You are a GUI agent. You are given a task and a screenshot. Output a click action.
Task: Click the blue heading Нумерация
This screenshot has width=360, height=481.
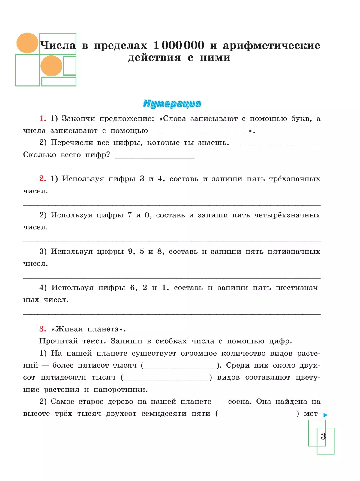pyautogui.click(x=172, y=103)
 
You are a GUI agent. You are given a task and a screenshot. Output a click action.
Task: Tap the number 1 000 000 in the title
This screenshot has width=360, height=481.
pyautogui.click(x=179, y=45)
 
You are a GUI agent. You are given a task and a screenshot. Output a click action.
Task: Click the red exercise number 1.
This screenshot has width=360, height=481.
pyautogui.click(x=43, y=118)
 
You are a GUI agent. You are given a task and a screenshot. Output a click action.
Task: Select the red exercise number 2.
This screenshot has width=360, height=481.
pyautogui.click(x=43, y=179)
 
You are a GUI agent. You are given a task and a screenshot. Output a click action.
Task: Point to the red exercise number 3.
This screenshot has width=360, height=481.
pyautogui.click(x=43, y=329)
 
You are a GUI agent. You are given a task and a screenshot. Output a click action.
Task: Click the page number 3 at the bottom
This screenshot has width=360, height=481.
pyautogui.click(x=323, y=436)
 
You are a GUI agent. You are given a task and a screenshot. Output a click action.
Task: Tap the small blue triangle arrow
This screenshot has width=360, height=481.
pyautogui.click(x=325, y=415)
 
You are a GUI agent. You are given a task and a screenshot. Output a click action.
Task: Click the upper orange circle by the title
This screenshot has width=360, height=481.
pyautogui.click(x=27, y=43)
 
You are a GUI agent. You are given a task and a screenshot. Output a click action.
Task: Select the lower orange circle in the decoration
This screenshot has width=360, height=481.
pyautogui.click(x=51, y=66)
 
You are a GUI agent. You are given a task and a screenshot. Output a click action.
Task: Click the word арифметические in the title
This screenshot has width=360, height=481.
pyautogui.click(x=271, y=45)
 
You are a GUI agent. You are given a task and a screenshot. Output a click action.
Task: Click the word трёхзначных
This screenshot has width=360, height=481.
pyautogui.click(x=295, y=179)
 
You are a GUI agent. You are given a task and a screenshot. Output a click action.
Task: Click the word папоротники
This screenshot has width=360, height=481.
pyautogui.click(x=121, y=390)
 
